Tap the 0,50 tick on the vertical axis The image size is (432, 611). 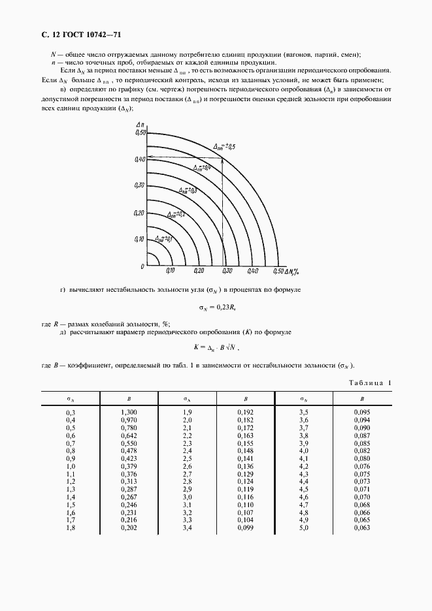click(139, 133)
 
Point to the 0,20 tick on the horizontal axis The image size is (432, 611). click(199, 271)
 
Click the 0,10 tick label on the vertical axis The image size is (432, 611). click(139, 240)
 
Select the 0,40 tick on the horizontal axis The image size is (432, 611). click(253, 271)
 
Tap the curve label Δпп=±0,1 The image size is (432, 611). click(161, 238)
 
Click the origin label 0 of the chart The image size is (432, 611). click(141, 267)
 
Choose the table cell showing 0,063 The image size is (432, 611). click(361, 527)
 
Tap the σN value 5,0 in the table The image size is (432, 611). click(303, 527)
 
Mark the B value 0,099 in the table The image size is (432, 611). click(245, 527)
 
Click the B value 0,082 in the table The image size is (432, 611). click(361, 451)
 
